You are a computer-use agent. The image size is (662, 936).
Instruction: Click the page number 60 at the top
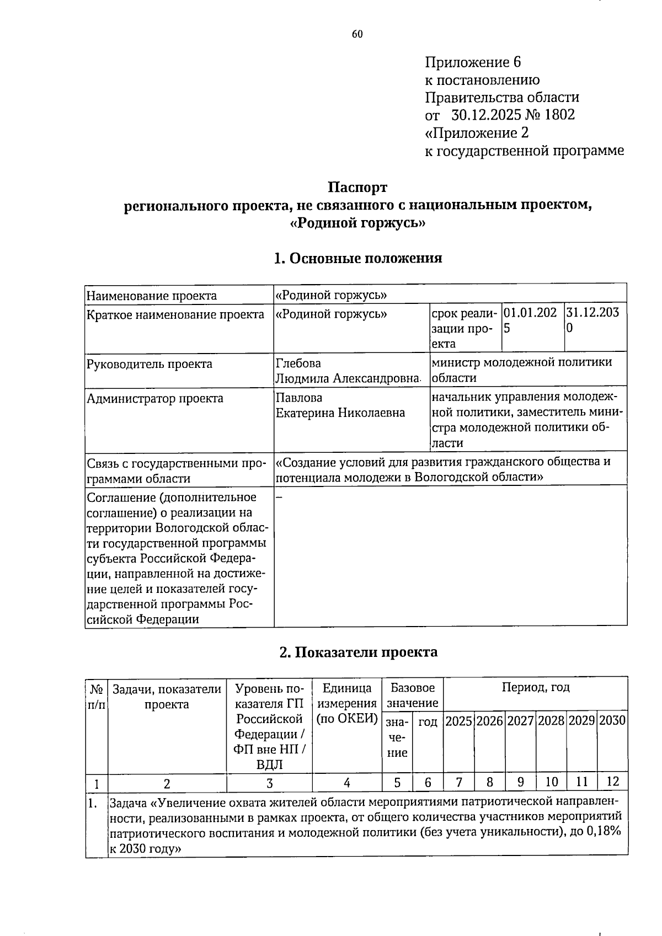tap(357, 35)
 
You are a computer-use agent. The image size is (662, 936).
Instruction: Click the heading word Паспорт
tap(357, 188)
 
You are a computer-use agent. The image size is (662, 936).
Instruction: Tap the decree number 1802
tap(559, 115)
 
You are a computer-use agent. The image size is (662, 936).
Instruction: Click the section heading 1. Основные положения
tap(357, 258)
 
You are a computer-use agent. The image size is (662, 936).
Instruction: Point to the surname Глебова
tap(298, 363)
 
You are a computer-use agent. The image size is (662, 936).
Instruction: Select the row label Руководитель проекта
tap(150, 364)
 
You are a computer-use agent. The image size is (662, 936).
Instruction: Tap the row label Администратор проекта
tap(155, 398)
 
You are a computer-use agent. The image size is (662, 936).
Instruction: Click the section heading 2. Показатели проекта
tap(357, 652)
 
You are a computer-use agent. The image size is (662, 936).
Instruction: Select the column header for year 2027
tap(520, 720)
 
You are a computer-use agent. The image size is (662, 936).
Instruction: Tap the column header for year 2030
tap(612, 720)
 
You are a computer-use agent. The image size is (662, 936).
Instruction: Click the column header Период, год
tap(535, 687)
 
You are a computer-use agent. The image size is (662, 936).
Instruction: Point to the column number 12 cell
tap(612, 781)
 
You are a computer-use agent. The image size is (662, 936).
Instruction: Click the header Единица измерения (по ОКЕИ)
tap(346, 703)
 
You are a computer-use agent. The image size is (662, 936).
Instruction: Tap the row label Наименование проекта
tap(152, 295)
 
